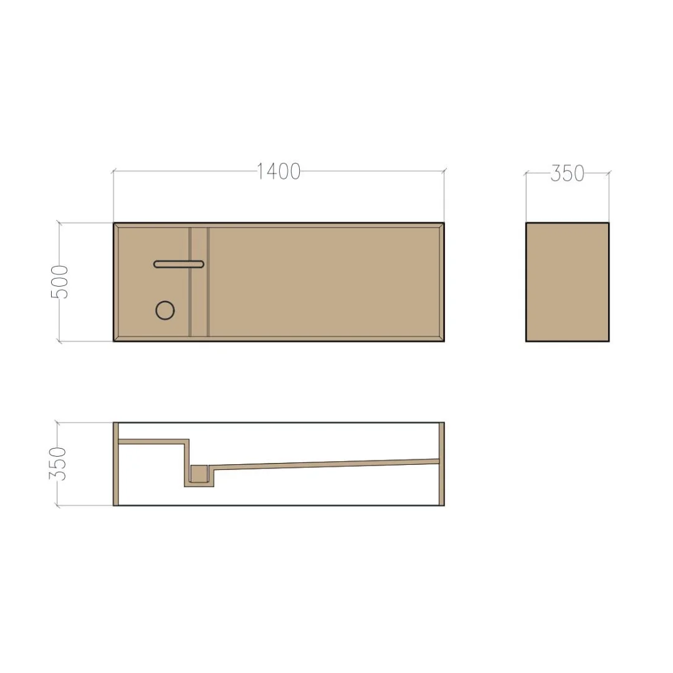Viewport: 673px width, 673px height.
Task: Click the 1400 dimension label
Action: pos(279,171)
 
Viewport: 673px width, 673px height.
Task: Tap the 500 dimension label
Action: pos(59,282)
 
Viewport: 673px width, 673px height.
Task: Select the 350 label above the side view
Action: pos(567,173)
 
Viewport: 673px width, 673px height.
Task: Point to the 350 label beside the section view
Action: pos(57,464)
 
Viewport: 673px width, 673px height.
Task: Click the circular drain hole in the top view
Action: pos(165,310)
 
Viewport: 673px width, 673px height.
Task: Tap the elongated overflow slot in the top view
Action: pos(179,264)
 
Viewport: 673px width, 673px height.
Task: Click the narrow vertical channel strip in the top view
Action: pos(199,282)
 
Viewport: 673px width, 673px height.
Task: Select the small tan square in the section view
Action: pos(199,474)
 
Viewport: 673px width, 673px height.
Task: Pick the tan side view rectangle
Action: pos(567,282)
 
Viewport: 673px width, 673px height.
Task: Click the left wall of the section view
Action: pos(115,464)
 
